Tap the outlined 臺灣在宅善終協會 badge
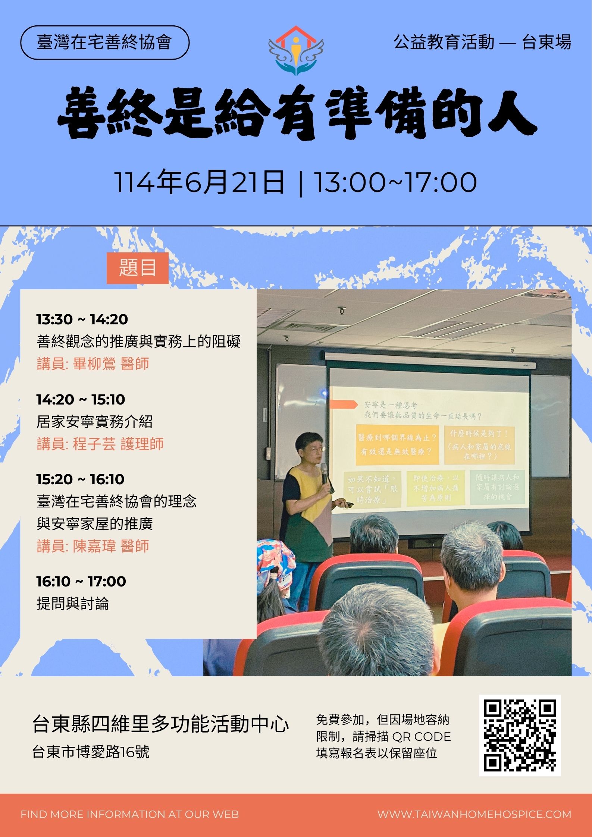[104, 43]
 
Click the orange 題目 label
[137, 268]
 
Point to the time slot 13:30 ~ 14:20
[82, 320]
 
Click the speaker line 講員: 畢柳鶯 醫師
[93, 364]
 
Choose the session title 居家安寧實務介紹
[94, 422]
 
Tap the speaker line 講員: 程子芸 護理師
[100, 444]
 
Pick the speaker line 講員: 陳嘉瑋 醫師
[93, 546]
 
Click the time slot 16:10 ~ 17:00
[81, 581]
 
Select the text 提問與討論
[73, 603]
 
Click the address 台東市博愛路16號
[91, 752]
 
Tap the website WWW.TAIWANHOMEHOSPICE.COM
[474, 814]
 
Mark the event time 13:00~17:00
[395, 183]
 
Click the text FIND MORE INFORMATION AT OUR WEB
[129, 814]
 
